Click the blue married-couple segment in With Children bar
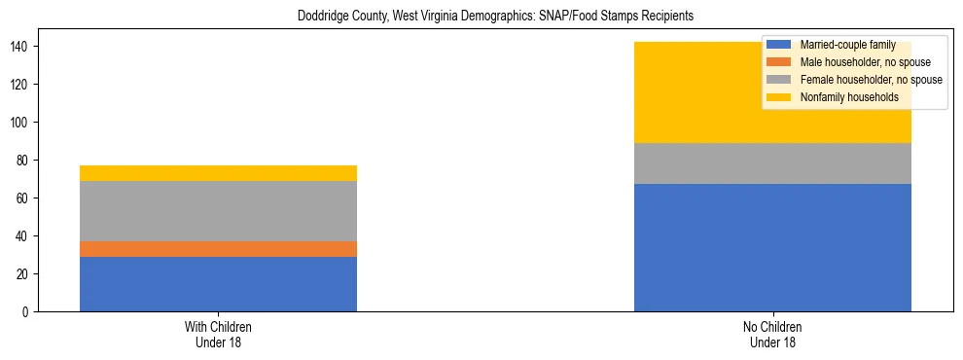218,284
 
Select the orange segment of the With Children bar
218,249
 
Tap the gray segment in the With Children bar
218,211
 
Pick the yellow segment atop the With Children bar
218,173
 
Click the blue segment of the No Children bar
772,247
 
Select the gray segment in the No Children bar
772,163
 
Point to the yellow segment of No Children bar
681,92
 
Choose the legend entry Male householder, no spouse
858,62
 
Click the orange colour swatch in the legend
779,62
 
